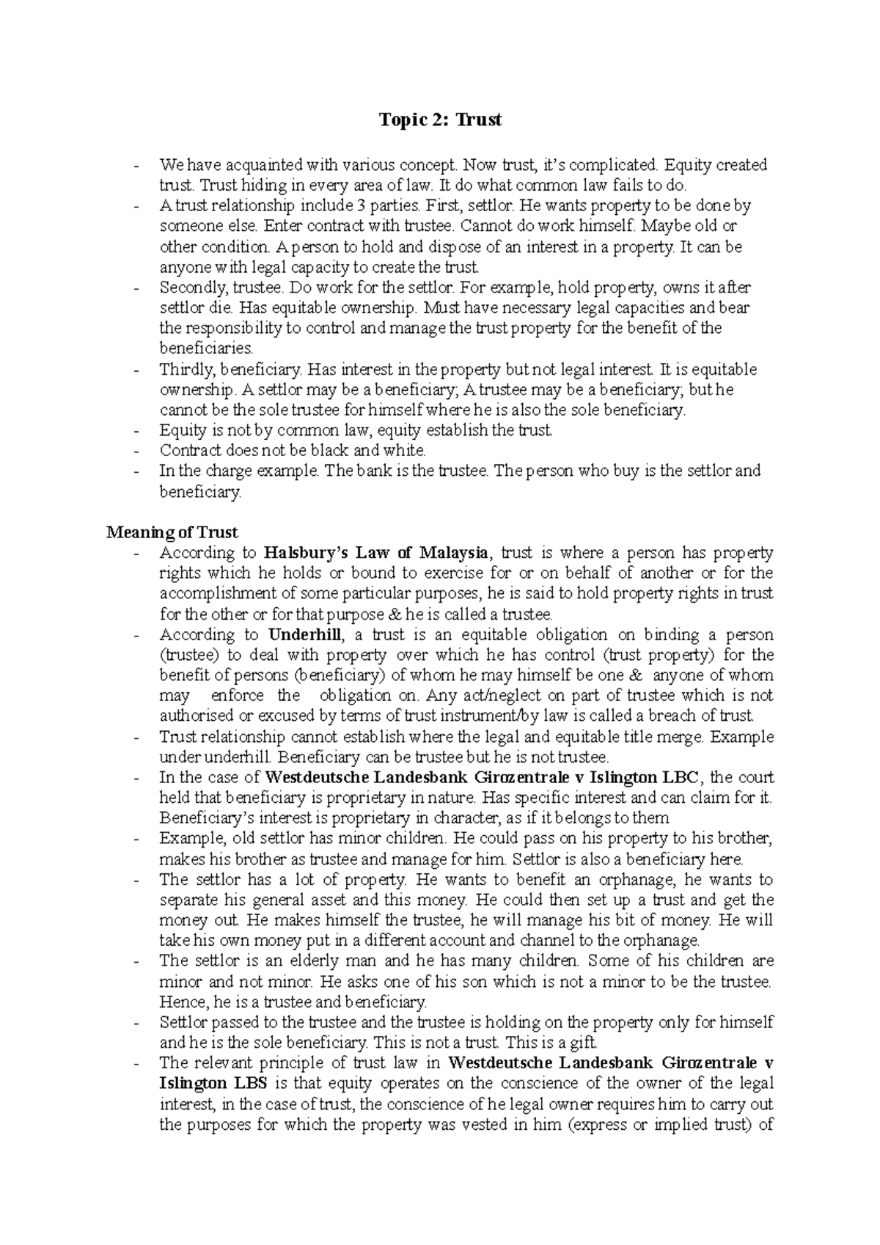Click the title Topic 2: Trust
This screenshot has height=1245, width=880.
(x=440, y=120)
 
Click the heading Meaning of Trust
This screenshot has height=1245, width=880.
(x=172, y=532)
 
